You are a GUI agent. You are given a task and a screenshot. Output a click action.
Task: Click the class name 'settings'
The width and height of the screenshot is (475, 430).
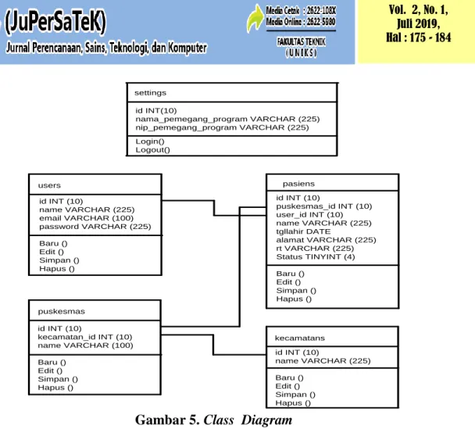pyautogui.click(x=150, y=93)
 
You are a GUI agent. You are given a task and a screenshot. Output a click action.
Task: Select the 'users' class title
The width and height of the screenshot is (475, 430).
pyautogui.click(x=49, y=185)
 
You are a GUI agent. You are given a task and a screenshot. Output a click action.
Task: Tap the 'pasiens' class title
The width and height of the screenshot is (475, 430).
pyautogui.click(x=298, y=184)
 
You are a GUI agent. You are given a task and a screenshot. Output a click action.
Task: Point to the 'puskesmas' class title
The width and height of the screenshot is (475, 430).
pyautogui.click(x=62, y=311)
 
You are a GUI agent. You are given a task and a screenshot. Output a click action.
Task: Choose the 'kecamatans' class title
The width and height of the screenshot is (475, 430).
pyautogui.click(x=299, y=338)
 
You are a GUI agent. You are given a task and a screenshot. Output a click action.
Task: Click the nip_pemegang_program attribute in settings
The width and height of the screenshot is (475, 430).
pyautogui.click(x=222, y=127)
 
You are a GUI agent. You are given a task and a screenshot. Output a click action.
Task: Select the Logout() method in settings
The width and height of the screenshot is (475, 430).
pyautogui.click(x=152, y=150)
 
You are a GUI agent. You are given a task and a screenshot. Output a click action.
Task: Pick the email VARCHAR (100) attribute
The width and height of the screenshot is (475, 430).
pyautogui.click(x=87, y=218)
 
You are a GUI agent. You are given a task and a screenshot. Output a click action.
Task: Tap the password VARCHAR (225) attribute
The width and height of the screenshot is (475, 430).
pyautogui.click(x=95, y=227)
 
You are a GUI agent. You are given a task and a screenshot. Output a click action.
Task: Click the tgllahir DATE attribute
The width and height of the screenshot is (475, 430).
pyautogui.click(x=303, y=231)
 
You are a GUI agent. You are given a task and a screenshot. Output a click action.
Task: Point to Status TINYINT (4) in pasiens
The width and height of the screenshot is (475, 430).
pyautogui.click(x=316, y=257)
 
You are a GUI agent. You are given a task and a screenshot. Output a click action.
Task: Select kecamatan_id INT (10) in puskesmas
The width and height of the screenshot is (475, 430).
pyautogui.click(x=85, y=337)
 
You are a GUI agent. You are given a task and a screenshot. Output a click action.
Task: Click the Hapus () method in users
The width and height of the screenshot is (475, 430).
pyautogui.click(x=57, y=269)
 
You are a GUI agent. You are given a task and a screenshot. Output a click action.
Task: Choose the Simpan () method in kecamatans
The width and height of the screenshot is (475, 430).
pyautogui.click(x=295, y=395)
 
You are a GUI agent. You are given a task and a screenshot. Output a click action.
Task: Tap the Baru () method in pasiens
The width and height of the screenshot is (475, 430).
pyautogui.click(x=290, y=274)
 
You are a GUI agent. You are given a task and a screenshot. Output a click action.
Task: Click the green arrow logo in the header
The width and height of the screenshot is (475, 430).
pyautogui.click(x=255, y=18)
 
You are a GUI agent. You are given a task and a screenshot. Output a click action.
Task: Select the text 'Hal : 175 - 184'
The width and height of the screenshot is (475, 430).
pyautogui.click(x=418, y=38)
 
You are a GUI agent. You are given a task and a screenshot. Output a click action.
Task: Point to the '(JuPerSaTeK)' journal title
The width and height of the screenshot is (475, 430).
pyautogui.click(x=55, y=21)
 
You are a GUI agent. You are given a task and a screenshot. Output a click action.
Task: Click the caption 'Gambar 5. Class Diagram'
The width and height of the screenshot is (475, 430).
pyautogui.click(x=213, y=420)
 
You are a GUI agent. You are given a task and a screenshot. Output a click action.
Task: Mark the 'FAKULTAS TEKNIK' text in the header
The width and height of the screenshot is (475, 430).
pyautogui.click(x=301, y=41)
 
